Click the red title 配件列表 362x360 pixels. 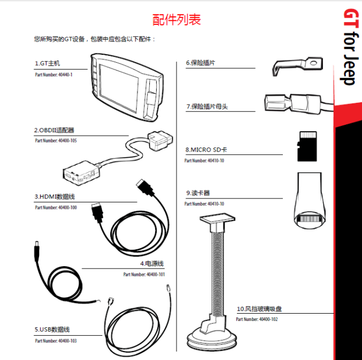tap(176, 20)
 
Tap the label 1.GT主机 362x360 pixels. tap(48, 63)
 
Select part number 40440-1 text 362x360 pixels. tap(54, 75)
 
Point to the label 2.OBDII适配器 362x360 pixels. tap(54, 131)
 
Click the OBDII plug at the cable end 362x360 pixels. tap(160, 140)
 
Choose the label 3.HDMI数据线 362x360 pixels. tap(55, 197)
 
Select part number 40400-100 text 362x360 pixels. tap(56, 207)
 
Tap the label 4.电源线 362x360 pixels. tap(152, 263)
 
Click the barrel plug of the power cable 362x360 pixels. tap(37, 251)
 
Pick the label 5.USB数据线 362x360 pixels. tap(52, 329)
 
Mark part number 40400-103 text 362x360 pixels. tap(56, 341)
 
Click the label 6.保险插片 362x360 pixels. tap(200, 63)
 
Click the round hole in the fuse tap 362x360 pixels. tap(313, 63)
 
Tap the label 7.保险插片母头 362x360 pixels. tap(207, 107)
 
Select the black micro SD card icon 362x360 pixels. tap(307, 146)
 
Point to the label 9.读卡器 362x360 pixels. tap(198, 193)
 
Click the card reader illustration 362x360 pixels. tap(309, 200)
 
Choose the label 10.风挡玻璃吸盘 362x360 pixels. tap(259, 309)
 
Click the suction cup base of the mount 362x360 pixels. tap(212, 339)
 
